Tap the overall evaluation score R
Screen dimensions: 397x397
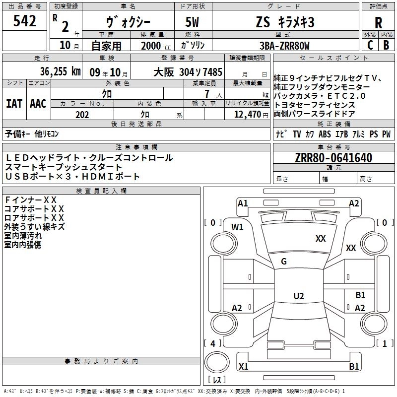tap(378, 23)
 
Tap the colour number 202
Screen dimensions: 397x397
tap(82, 115)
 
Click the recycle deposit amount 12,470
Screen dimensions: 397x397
tap(247, 115)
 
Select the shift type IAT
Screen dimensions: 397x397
tap(14, 104)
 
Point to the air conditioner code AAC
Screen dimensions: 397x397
tap(38, 104)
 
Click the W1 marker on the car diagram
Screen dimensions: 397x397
tap(237, 227)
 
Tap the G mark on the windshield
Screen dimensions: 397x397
tap(284, 262)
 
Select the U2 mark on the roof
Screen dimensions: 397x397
tap(298, 296)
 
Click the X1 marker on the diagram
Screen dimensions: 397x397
tap(243, 367)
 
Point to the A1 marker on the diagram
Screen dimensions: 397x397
tap(243, 203)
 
